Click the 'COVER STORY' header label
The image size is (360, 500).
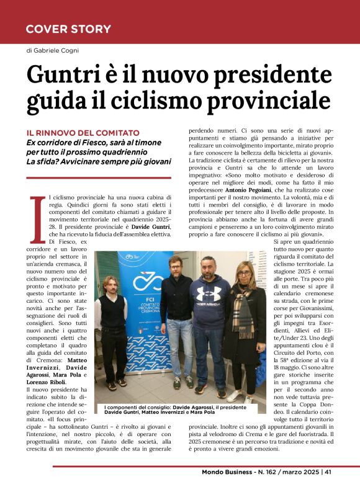pos(68,29)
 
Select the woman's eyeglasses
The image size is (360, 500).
pos(243,274)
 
